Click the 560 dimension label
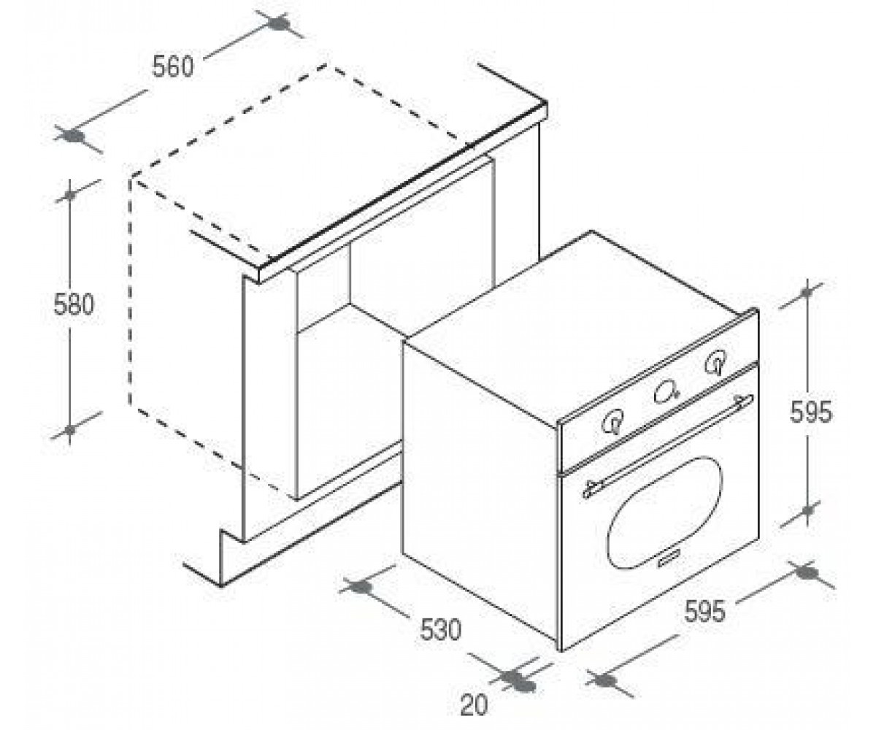click(x=173, y=66)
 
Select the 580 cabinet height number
click(x=74, y=304)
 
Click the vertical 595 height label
click(x=810, y=412)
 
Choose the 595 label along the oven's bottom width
click(x=705, y=611)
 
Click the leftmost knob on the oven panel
click(x=612, y=422)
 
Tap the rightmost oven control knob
click(x=715, y=361)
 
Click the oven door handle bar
click(x=668, y=445)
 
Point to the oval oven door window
click(x=665, y=512)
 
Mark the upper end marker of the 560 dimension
click(x=279, y=23)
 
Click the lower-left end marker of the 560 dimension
click(x=74, y=136)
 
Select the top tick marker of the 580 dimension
click(x=70, y=195)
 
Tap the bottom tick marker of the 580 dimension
click(x=70, y=430)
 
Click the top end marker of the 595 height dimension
click(x=807, y=292)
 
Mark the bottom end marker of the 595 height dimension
click(x=807, y=510)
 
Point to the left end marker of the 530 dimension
click(x=360, y=588)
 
